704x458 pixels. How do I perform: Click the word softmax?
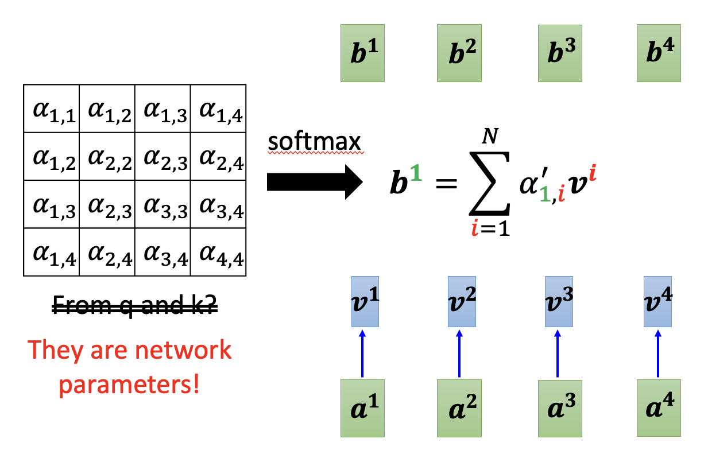[316, 143]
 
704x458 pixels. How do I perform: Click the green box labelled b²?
[459, 52]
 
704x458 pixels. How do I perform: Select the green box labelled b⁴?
[659, 52]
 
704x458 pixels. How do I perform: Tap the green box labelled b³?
[560, 52]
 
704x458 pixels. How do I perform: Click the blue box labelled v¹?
[362, 301]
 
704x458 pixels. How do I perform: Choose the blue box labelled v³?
[558, 301]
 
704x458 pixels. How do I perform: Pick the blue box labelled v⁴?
[657, 301]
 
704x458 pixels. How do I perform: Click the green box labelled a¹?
[362, 408]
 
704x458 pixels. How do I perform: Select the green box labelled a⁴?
[658, 408]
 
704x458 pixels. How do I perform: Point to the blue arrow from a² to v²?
[460, 353]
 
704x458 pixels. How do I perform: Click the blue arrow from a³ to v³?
[559, 353]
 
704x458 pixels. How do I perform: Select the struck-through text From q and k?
[135, 308]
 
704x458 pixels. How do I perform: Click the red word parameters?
[130, 383]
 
